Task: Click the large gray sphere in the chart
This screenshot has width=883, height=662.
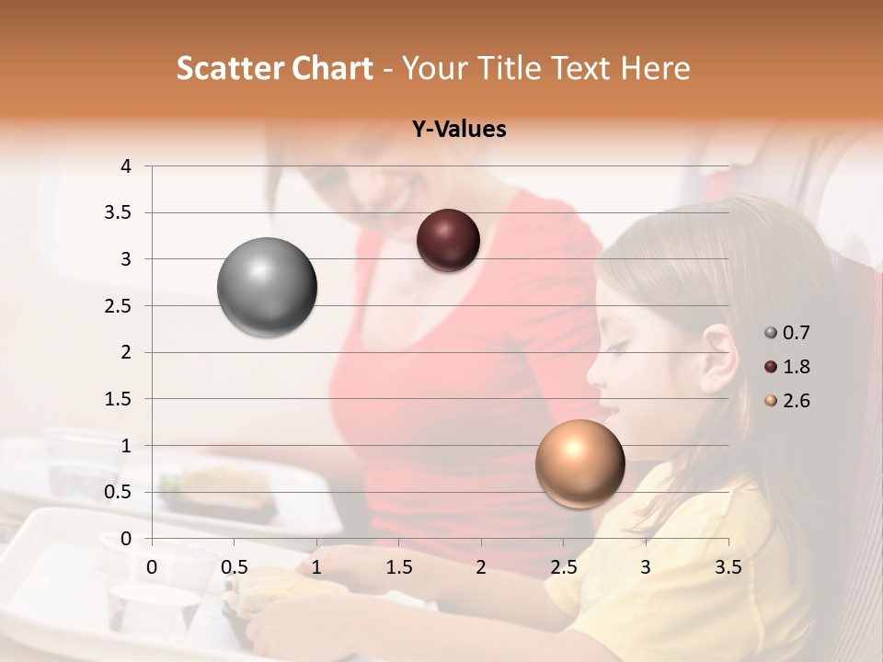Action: [x=267, y=287]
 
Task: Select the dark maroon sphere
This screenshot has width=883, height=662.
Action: [x=448, y=240]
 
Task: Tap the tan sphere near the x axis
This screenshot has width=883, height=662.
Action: [x=579, y=463]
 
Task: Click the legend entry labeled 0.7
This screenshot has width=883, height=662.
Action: [x=787, y=333]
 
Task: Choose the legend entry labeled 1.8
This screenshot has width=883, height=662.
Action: [x=787, y=367]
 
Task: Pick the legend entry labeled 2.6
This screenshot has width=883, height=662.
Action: [x=787, y=401]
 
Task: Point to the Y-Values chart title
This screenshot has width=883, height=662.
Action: [x=459, y=130]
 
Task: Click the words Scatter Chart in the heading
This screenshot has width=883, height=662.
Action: [x=274, y=68]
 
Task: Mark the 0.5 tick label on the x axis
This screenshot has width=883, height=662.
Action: [x=235, y=567]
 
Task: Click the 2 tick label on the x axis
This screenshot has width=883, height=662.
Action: [x=481, y=567]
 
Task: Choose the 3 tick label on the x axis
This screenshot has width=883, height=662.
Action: [x=646, y=567]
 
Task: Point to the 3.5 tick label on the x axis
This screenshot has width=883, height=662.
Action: [x=728, y=567]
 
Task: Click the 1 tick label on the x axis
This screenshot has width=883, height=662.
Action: [x=316, y=567]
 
